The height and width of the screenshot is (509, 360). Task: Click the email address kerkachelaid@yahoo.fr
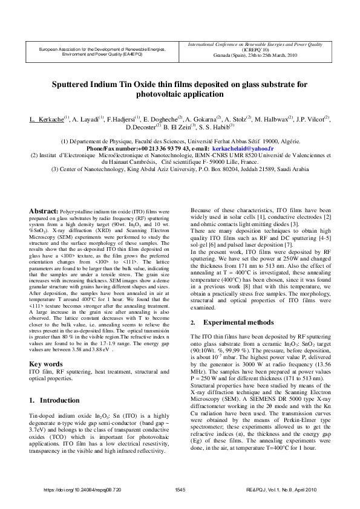tap(242, 148)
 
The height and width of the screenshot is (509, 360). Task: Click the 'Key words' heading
tap(46, 364)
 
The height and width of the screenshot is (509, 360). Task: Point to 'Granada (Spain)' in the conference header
tap(232, 55)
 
